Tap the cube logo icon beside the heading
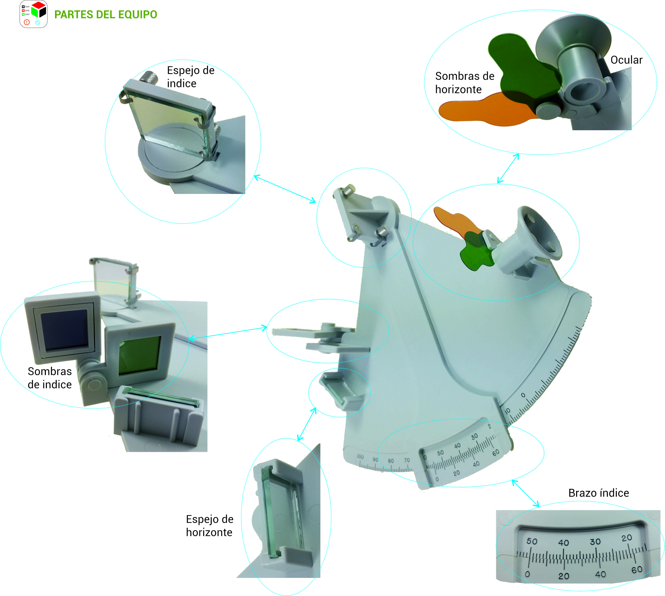coord(34,14)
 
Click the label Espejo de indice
coord(191,77)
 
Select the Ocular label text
coord(626,60)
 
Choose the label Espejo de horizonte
coord(209,525)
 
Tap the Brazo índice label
coord(598,493)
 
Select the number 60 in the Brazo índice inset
coord(637,570)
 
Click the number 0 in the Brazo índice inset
coord(527,574)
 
